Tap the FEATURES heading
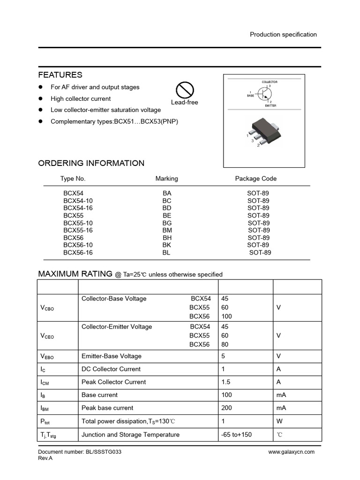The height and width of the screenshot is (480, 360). pyautogui.click(x=60, y=75)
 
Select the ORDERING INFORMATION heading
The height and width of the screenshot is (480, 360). pyautogui.click(x=91, y=163)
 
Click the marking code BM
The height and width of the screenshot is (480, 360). pyautogui.click(x=167, y=230)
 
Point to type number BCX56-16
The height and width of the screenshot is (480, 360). pyautogui.click(x=78, y=253)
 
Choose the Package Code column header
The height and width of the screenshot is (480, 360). pyautogui.click(x=255, y=179)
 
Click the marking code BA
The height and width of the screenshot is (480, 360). pyautogui.click(x=167, y=193)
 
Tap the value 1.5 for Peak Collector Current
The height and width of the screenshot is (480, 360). pyautogui.click(x=225, y=382)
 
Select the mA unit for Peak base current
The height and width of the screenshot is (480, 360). pyautogui.click(x=281, y=408)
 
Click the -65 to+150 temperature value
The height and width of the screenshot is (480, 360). pyautogui.click(x=236, y=435)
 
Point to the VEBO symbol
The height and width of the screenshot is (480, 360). pyautogui.click(x=47, y=357)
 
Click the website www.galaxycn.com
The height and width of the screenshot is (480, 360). pyautogui.click(x=291, y=452)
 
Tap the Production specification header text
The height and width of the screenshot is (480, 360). pyautogui.click(x=283, y=34)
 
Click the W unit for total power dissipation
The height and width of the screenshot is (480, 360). pyautogui.click(x=279, y=421)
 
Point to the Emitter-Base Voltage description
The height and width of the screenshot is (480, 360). pyautogui.click(x=111, y=356)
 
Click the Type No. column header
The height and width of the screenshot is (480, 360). pyautogui.click(x=73, y=179)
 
